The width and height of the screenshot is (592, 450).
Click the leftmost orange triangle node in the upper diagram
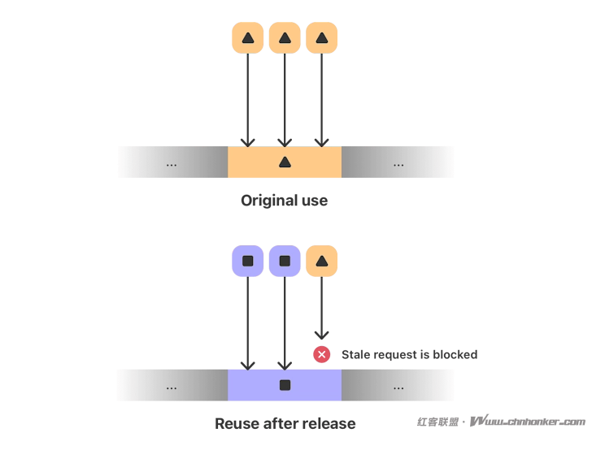coord(247,37)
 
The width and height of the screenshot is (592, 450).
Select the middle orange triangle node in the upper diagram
coord(284,37)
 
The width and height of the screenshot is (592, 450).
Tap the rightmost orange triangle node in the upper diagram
coord(321,37)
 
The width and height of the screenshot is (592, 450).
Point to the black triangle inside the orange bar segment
coord(285,162)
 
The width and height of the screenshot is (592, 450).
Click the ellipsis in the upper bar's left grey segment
coord(171,163)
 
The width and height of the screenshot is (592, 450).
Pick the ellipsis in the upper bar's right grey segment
coord(398,163)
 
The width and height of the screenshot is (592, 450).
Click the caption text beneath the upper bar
coord(286,198)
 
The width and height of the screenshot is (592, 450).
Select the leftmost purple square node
coord(247,262)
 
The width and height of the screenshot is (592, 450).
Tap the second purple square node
coord(284,262)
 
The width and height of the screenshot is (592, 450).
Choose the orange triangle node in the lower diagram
coord(321,262)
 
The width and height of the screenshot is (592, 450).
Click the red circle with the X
coord(322,354)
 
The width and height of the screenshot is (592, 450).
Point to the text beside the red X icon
coord(408,354)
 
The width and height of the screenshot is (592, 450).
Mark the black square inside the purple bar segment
coord(285,385)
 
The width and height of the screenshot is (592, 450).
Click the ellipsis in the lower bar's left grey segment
coord(171,386)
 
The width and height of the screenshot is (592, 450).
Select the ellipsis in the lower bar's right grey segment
coord(398,386)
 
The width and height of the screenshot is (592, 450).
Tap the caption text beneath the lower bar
coord(286,423)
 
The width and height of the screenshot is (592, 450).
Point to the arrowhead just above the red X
coord(322,331)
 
